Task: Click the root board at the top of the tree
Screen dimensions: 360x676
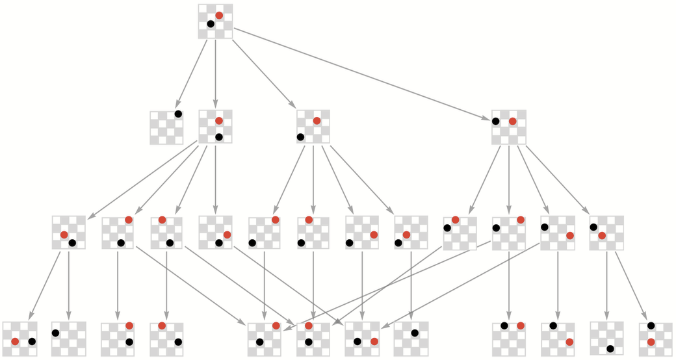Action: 215,21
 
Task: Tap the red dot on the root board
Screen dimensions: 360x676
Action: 219,15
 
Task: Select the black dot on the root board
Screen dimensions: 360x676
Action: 211,24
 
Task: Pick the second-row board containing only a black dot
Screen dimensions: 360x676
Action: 166,127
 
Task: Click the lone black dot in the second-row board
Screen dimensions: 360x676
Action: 178,114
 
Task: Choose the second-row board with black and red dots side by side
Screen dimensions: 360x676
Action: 508,127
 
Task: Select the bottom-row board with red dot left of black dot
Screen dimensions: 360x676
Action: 19,338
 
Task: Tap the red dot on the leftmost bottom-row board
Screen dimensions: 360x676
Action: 15,341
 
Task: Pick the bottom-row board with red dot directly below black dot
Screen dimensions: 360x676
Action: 655,338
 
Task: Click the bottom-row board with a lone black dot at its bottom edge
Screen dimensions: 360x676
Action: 606,338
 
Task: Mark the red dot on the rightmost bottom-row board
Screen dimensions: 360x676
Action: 651,342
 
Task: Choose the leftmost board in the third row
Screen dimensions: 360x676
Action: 68,233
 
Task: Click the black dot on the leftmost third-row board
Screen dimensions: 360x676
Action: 72,243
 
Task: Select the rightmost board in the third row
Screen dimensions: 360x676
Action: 606,233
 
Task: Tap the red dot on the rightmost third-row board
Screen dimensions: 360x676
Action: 603,235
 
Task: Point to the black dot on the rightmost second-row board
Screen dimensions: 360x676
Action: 496,121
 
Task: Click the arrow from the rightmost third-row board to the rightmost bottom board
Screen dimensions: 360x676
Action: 629,285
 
